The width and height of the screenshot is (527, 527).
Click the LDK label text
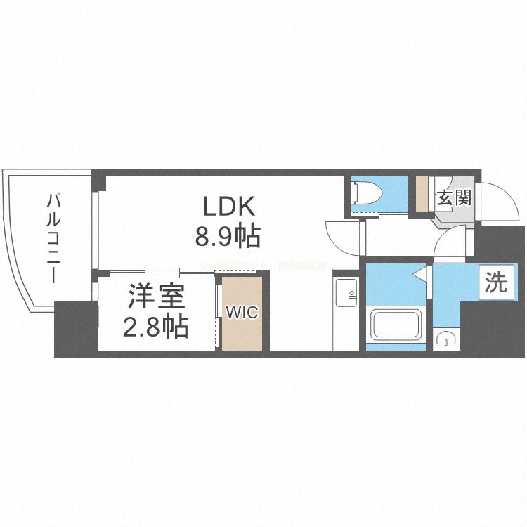(x=228, y=206)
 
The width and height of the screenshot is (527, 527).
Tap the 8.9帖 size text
(x=228, y=236)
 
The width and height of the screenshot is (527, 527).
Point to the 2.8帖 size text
(x=157, y=326)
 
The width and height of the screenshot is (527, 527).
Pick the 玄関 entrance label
(x=453, y=198)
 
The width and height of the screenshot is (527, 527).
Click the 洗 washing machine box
(x=495, y=282)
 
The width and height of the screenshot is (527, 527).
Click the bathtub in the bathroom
(x=396, y=325)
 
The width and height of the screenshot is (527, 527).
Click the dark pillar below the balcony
(x=75, y=330)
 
